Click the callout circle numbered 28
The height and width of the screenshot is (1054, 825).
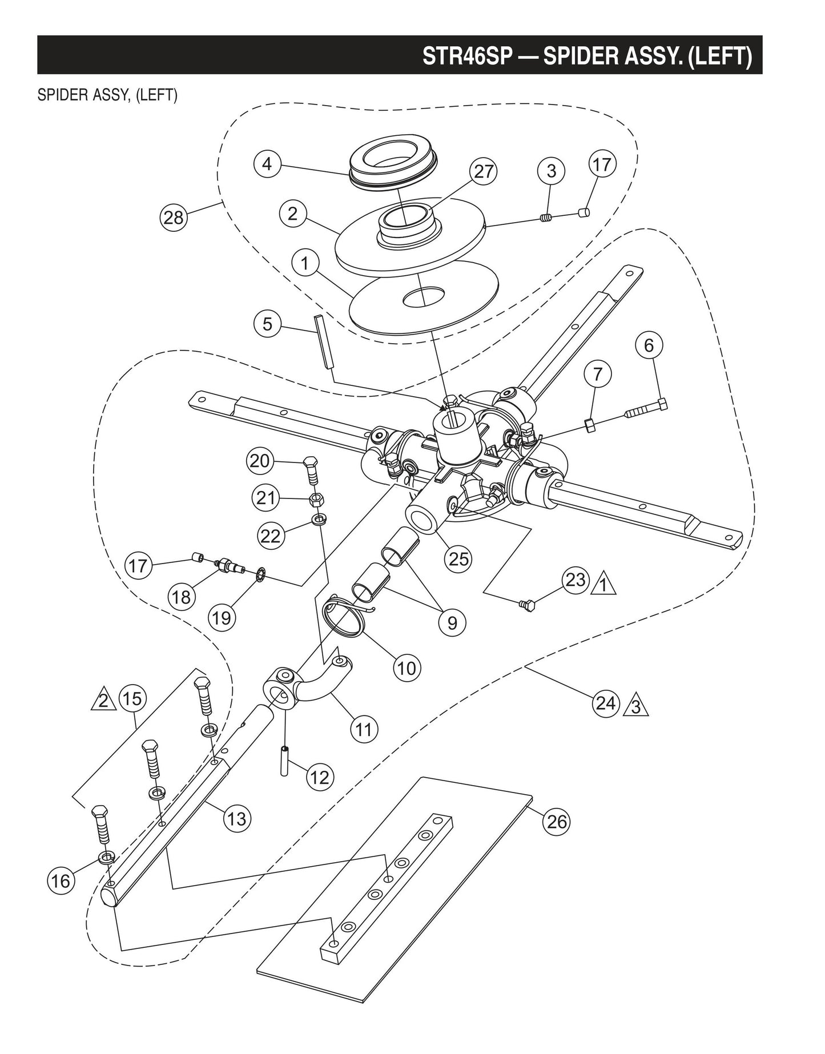tap(174, 218)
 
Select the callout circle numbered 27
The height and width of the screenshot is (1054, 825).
tap(483, 172)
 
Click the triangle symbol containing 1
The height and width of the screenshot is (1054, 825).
tap(605, 586)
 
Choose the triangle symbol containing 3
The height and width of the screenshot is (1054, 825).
tap(638, 707)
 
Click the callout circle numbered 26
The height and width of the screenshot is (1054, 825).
tap(557, 821)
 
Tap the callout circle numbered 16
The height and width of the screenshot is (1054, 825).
tap(61, 880)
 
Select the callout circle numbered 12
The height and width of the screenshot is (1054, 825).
tap(320, 777)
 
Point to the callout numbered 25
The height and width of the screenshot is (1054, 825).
tap(458, 558)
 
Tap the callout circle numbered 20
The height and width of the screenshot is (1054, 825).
tap(260, 460)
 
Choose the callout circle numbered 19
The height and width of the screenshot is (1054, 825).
tap(222, 617)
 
